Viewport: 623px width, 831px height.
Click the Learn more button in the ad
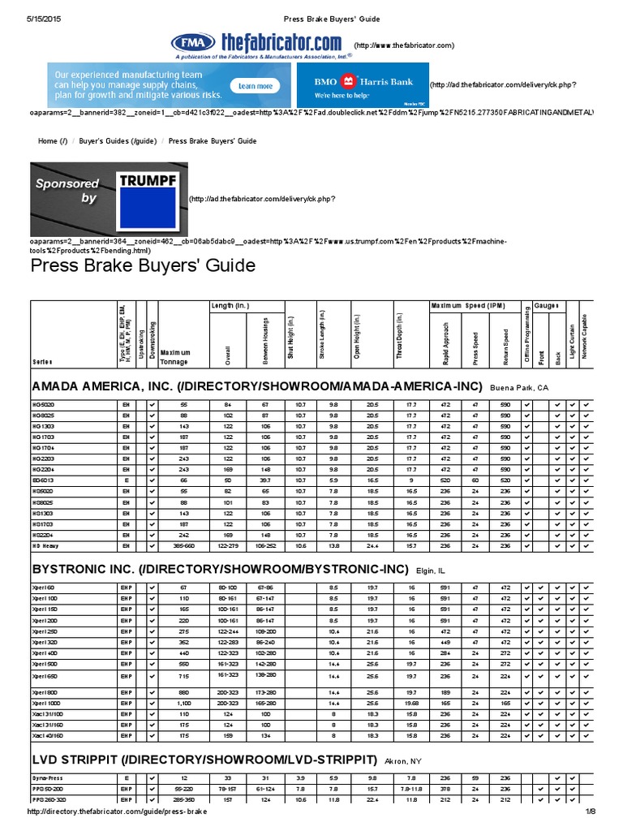(255, 85)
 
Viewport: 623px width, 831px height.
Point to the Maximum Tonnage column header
(176, 356)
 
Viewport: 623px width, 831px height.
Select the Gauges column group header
(546, 305)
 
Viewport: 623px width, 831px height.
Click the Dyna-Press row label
(49, 777)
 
